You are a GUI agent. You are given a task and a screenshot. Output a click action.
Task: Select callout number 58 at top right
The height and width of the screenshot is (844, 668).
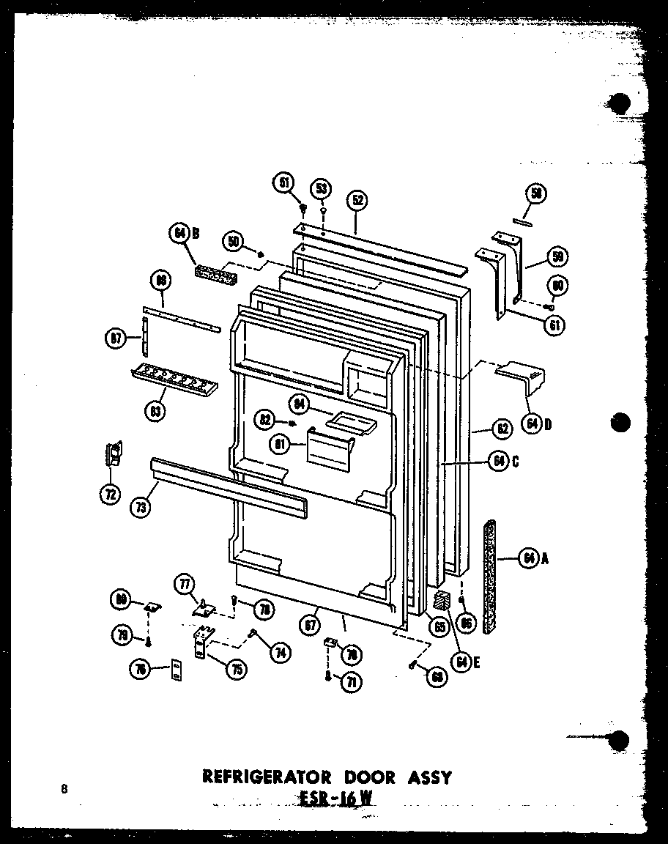pos(536,193)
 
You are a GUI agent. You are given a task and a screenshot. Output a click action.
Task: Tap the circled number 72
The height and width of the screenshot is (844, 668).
pos(111,495)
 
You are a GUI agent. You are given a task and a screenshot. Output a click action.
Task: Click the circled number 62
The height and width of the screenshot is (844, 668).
pos(502,429)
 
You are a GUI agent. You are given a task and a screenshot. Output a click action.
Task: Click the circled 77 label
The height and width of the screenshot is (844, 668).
pos(184,585)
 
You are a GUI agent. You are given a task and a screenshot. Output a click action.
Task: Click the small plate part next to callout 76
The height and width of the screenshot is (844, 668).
pos(176,669)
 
